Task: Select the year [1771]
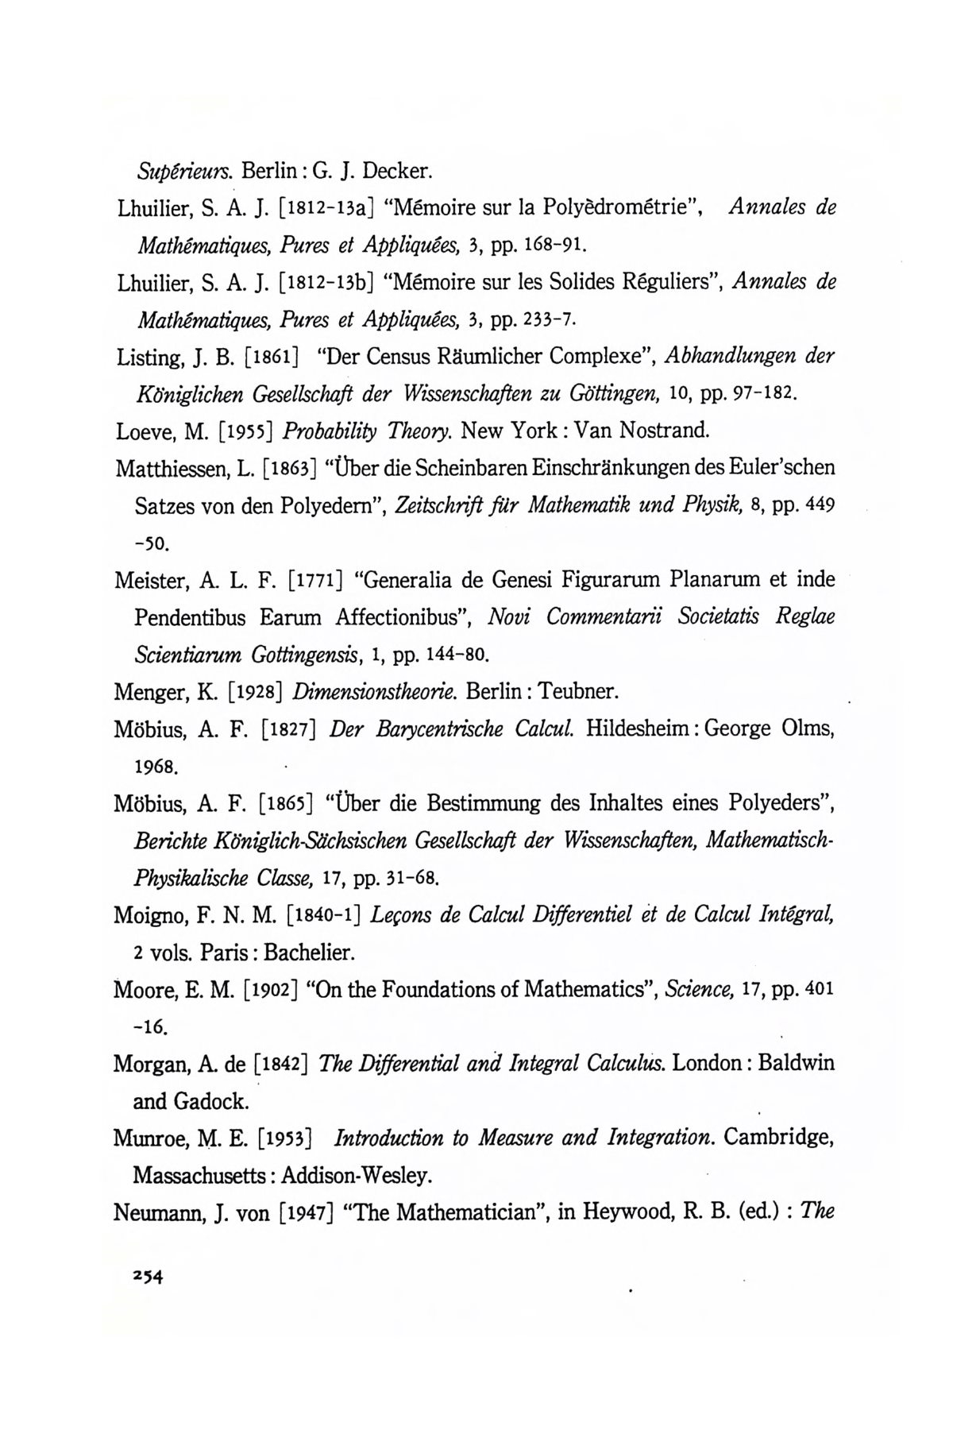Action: click(x=315, y=580)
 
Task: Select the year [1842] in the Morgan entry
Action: click(x=280, y=1064)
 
